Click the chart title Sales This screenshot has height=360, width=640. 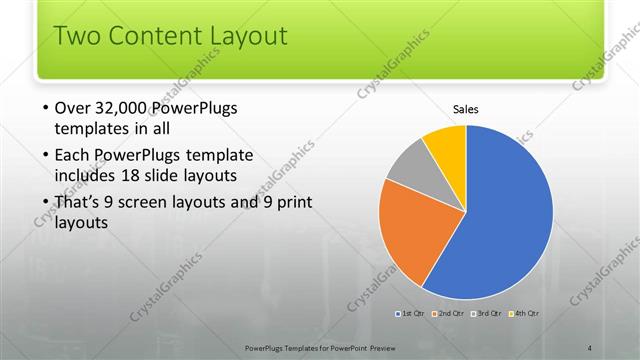click(466, 108)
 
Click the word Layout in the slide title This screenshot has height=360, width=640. click(247, 37)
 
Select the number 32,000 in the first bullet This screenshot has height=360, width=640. click(129, 109)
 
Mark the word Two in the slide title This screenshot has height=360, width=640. click(74, 37)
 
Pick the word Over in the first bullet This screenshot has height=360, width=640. click(74, 109)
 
